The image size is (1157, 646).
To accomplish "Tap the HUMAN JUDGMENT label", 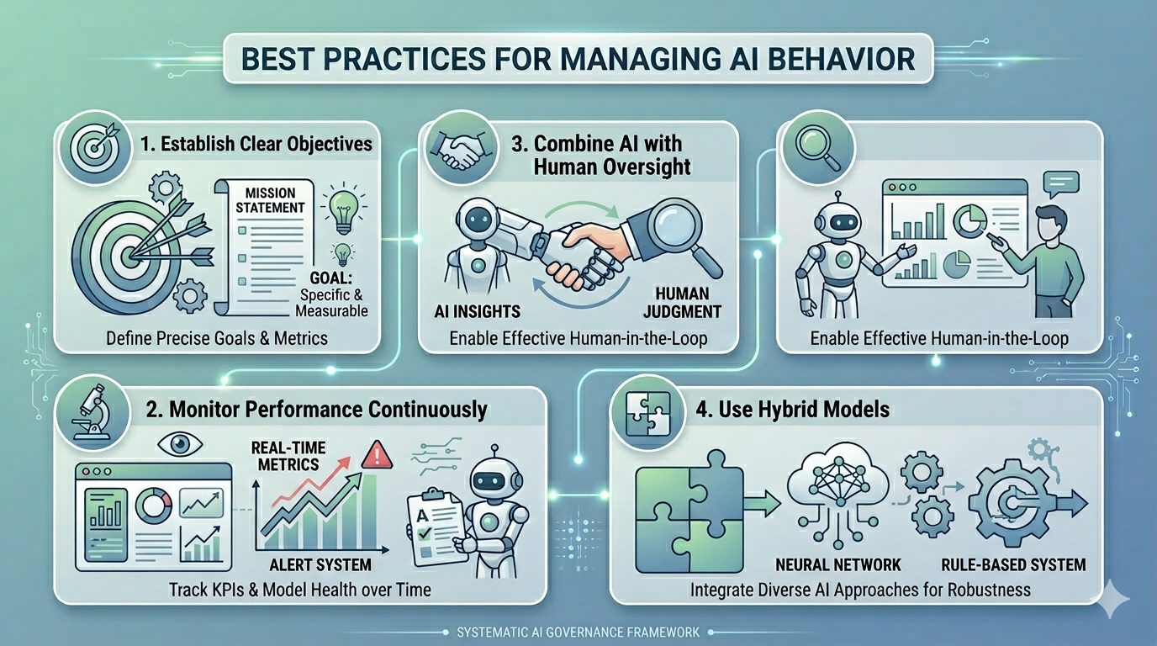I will pos(681,303).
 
